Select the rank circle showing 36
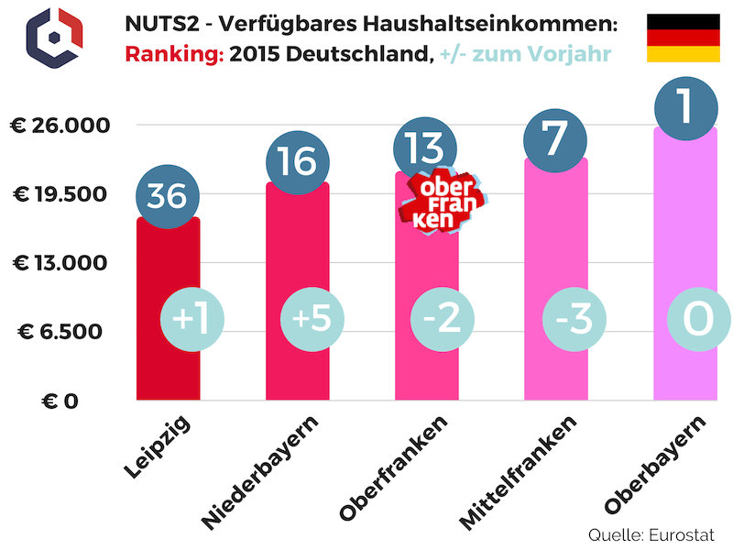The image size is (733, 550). pyautogui.click(x=167, y=194)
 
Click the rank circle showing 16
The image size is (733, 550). pyautogui.click(x=297, y=162)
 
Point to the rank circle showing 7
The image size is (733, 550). pyautogui.click(x=555, y=137)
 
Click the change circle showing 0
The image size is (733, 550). pyautogui.click(x=698, y=319)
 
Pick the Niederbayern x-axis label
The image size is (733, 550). pyautogui.click(x=263, y=472)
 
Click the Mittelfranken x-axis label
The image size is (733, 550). pyautogui.click(x=520, y=472)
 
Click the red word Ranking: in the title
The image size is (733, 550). pyautogui.click(x=174, y=52)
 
